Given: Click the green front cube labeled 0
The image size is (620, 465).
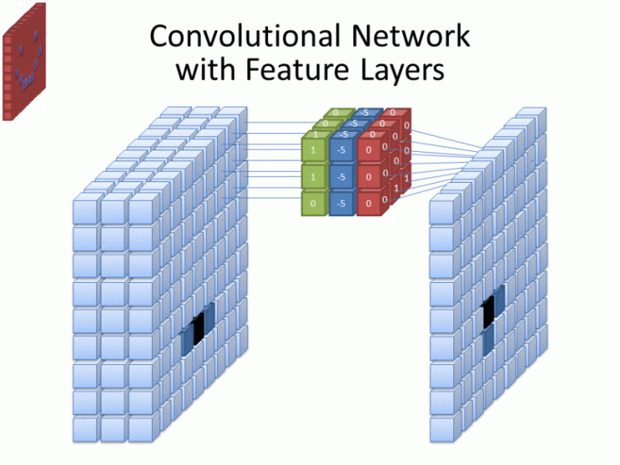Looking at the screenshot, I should (x=314, y=203).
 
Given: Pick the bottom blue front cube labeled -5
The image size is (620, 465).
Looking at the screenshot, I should (x=342, y=203).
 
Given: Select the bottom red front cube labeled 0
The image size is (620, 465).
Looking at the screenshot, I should (x=369, y=203).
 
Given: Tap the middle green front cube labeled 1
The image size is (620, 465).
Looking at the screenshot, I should (x=314, y=177).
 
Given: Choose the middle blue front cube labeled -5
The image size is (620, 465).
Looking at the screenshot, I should (x=342, y=177).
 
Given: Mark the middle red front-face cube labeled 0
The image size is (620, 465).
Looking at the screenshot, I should (x=369, y=177).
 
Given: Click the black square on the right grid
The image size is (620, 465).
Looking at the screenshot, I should (x=488, y=312).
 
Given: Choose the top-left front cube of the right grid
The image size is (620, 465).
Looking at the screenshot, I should (x=441, y=210).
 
